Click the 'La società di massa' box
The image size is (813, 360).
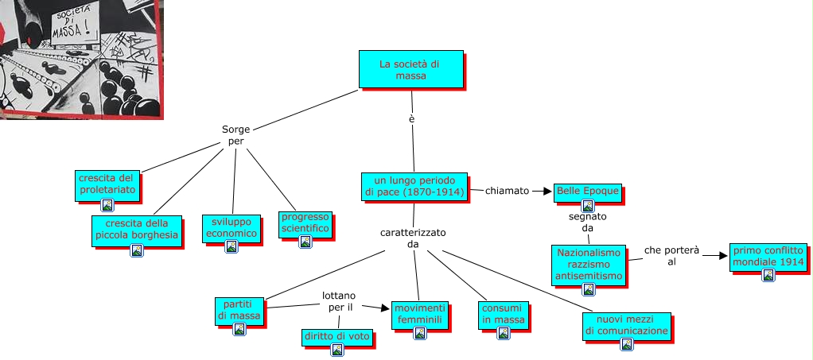410,69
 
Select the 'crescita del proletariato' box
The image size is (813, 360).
108,184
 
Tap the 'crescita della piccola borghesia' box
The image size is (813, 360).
136,229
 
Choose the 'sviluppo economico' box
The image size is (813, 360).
231,227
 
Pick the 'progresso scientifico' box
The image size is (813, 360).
305,223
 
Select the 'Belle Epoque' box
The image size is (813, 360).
588,192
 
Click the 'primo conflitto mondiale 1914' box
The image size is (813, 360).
768,256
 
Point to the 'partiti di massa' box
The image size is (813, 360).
239,310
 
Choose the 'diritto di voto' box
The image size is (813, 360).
336,337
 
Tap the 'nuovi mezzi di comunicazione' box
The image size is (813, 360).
626,325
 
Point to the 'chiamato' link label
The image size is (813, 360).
508,191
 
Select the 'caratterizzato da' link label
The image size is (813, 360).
413,238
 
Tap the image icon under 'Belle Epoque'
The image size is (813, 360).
588,206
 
